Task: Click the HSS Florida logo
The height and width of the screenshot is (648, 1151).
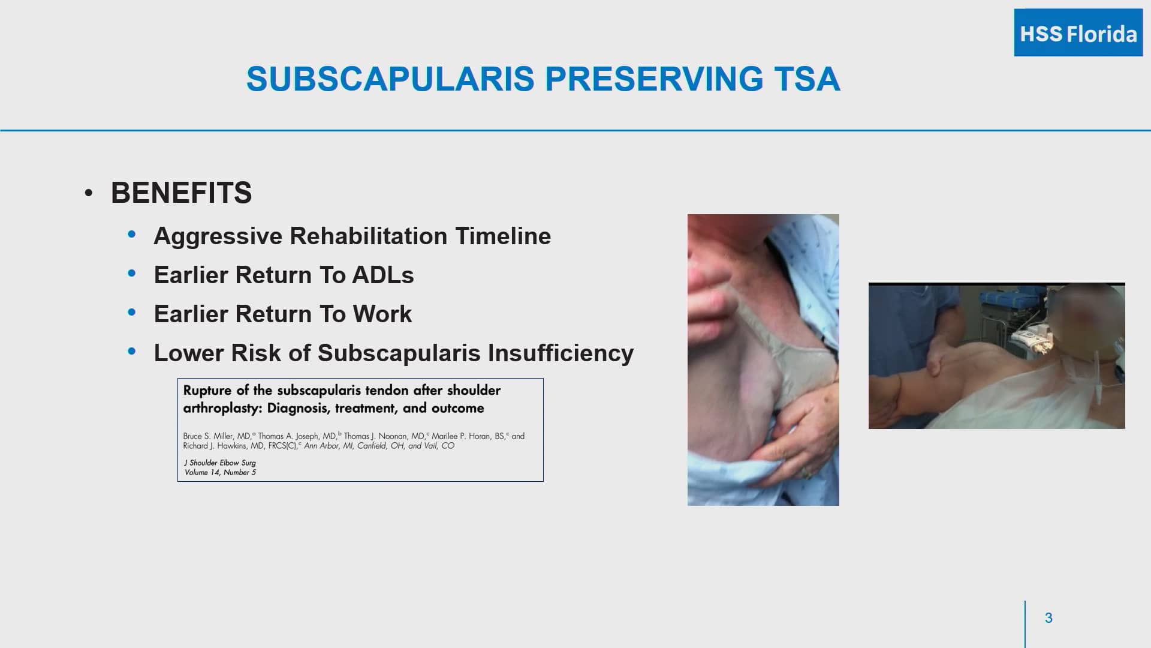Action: [1078, 33]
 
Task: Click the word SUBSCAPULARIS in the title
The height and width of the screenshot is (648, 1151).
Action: [390, 79]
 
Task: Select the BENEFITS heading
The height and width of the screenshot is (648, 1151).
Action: [181, 193]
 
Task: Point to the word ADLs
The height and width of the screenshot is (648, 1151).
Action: [382, 275]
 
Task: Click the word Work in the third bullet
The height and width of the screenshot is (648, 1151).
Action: [382, 314]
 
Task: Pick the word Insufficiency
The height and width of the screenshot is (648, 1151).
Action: [561, 353]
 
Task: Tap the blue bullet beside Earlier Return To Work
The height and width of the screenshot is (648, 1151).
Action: [132, 313]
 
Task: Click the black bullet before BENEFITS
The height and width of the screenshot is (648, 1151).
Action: [89, 193]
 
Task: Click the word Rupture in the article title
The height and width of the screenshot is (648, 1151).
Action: [207, 391]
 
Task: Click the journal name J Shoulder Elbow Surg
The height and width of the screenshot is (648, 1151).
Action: [220, 463]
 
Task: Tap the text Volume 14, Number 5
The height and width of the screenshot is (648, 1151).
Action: [220, 473]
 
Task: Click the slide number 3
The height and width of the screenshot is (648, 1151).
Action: [1048, 618]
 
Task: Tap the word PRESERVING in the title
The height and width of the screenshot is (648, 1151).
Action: [654, 79]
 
